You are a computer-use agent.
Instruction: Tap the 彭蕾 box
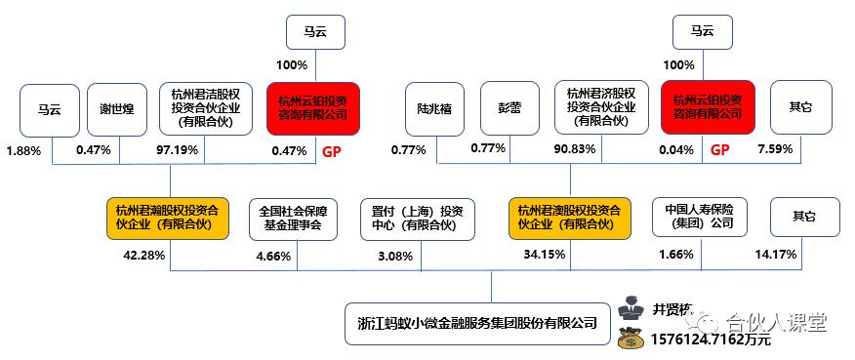(509, 107)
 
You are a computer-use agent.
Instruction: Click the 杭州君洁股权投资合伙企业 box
(203, 107)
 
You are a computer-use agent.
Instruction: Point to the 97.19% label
(178, 150)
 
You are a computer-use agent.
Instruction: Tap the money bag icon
(635, 340)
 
